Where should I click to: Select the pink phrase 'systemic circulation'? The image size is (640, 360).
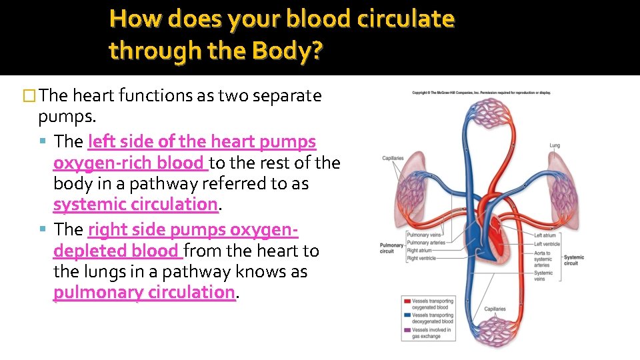point(135,204)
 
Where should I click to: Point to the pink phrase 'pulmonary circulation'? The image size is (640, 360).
point(144,292)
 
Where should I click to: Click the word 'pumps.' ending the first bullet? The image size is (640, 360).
point(67,117)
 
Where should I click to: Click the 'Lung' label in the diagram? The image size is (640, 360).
point(555,145)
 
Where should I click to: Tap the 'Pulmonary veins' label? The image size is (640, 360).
point(424,235)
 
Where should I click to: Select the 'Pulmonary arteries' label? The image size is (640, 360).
point(427,243)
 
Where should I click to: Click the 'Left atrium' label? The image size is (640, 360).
point(545,235)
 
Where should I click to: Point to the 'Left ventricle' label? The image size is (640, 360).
point(547,243)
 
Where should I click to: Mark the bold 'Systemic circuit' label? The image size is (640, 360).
point(573,260)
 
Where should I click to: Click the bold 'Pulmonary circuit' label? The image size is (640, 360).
point(391,248)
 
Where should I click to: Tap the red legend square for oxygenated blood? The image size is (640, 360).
point(407,301)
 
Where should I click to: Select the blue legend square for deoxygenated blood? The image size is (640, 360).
point(407,315)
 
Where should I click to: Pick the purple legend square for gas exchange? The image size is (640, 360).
point(407,330)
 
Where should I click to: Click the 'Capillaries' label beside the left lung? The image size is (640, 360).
point(393,158)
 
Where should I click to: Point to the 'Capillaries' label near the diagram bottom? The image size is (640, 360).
point(495,309)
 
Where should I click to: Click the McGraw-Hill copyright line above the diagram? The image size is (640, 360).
point(481,93)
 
